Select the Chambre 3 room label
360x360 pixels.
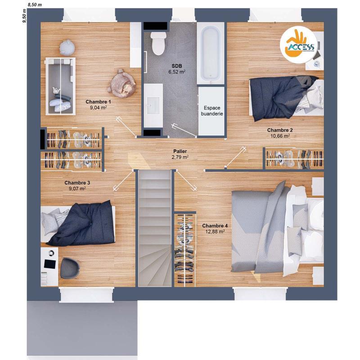point(77,183)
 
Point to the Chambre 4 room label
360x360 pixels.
point(215,225)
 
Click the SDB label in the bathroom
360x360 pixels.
point(177,66)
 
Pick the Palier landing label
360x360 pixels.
point(180,152)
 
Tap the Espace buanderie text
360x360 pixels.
point(211,111)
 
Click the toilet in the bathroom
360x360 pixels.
point(158,44)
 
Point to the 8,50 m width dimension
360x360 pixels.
point(35,5)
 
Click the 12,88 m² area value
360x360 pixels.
point(215,231)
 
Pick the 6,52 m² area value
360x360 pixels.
point(177,72)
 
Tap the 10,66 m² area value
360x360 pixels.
point(279,135)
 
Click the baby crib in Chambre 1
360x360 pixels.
point(61,85)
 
